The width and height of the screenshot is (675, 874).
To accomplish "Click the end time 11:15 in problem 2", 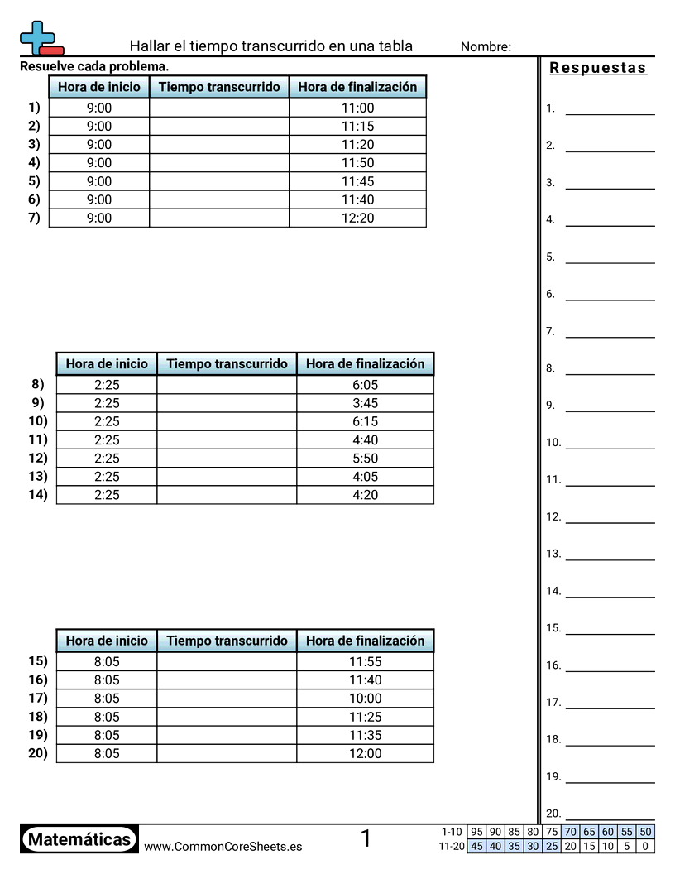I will (357, 126).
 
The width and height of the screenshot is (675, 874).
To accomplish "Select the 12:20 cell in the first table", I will (357, 218).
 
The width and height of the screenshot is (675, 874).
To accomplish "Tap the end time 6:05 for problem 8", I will (364, 385).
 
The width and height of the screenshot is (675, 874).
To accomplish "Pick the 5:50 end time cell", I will (364, 458).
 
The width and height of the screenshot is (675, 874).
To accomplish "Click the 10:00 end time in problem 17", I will (365, 699).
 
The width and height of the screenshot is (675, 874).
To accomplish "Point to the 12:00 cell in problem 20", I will (365, 753).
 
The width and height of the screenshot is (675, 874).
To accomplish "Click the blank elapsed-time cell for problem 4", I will (219, 163).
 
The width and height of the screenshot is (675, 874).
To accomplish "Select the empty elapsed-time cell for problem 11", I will (226, 439).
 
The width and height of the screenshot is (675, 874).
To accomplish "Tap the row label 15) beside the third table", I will (38, 661).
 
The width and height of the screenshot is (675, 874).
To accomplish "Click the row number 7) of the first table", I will (33, 218).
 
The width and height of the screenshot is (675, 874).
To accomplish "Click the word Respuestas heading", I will (598, 68).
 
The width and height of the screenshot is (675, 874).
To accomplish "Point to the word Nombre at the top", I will (486, 46).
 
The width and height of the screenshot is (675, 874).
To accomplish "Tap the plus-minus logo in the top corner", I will (40, 38).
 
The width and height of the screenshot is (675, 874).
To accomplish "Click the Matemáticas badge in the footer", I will (79, 839).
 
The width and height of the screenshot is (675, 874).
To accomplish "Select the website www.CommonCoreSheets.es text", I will (223, 846).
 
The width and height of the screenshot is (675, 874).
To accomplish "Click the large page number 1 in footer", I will (366, 838).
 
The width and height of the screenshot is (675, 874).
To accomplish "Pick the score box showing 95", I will (476, 832).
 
